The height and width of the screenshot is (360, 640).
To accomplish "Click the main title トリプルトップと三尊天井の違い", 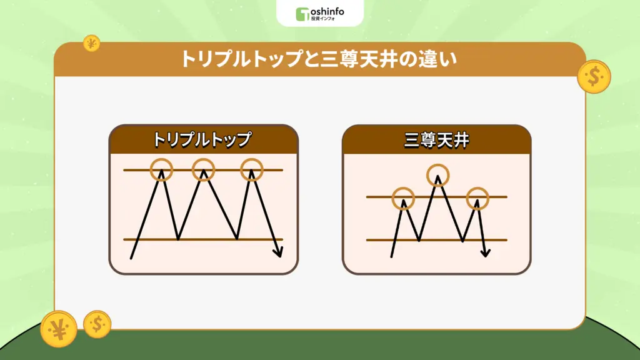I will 319,59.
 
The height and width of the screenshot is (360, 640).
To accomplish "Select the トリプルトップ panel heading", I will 203,139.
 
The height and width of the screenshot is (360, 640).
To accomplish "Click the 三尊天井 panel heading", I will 436,139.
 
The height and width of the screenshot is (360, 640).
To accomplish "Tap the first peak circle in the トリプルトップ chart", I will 162,169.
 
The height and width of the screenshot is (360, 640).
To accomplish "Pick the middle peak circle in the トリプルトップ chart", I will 203,169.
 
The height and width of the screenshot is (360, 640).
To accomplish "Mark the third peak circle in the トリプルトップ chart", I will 252,169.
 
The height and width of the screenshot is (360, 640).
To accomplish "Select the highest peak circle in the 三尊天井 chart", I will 438,174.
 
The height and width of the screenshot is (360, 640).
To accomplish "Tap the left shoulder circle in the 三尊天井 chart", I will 403,198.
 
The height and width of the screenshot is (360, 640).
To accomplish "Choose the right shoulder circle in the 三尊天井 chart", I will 478,198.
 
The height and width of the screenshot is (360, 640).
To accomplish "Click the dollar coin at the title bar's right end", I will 594,76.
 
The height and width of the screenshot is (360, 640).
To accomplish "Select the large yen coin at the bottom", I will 59,329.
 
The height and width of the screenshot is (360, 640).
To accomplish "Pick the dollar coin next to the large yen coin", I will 97,324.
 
